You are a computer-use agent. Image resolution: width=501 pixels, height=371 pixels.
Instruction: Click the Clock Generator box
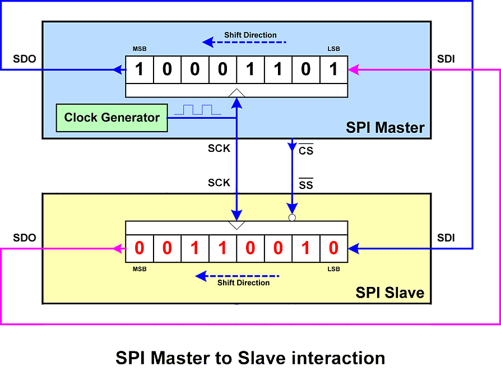pos(112,118)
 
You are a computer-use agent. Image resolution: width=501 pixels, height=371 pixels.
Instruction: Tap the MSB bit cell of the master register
pos(140,69)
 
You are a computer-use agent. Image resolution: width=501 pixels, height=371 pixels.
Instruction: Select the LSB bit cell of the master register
pos(333,69)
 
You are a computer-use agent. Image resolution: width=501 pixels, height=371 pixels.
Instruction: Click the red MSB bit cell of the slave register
pos(140,248)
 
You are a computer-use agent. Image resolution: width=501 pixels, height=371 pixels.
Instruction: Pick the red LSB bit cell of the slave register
pos(333,248)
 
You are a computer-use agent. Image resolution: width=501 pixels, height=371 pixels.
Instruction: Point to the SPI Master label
pos(385,128)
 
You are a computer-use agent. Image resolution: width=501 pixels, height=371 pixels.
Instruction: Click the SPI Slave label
pos(390,293)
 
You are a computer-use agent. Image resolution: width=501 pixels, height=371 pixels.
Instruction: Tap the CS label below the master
pos(306,150)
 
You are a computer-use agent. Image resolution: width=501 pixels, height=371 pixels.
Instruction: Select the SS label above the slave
pos(306,184)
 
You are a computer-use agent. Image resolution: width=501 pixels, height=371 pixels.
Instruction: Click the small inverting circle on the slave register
pos(292,217)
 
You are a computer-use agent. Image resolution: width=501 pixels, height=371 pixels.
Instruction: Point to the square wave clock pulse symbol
pos(197,110)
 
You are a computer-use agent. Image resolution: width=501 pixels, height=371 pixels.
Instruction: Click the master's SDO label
pos(24,59)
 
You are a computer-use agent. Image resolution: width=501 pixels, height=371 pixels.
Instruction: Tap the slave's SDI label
pos(446,238)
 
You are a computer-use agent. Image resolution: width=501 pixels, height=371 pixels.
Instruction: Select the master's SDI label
pos(446,59)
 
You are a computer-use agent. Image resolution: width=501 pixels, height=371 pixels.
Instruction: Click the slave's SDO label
pos(24,238)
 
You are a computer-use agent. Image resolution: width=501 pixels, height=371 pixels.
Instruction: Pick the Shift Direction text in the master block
pos(250,35)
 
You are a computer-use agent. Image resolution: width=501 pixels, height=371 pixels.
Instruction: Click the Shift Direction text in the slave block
pos(243,282)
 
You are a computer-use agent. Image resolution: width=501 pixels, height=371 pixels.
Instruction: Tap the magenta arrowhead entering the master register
pos(354,69)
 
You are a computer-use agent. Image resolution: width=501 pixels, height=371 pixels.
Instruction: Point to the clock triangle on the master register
pos(236,92)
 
